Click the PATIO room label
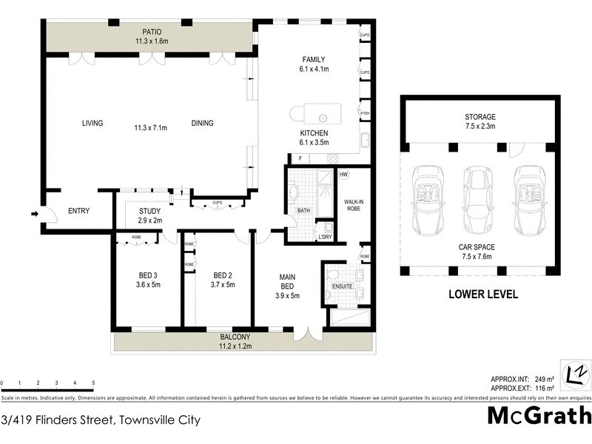pyautogui.click(x=152, y=32)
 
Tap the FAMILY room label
pyautogui.click(x=314, y=60)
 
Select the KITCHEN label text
pyautogui.click(x=314, y=132)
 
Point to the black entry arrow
pyautogui.click(x=34, y=215)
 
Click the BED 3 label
pyautogui.click(x=147, y=275)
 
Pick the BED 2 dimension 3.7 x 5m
pyautogui.click(x=222, y=284)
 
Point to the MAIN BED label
pyautogui.click(x=287, y=281)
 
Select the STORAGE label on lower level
pyautogui.click(x=480, y=117)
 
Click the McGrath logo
pyautogui.click(x=539, y=416)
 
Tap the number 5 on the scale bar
pyautogui.click(x=93, y=383)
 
